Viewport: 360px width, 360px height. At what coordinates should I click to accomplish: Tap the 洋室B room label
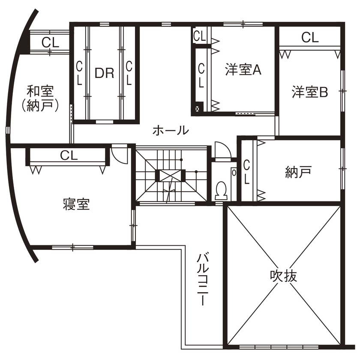tap(310, 92)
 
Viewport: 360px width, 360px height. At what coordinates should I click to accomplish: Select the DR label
tap(104, 73)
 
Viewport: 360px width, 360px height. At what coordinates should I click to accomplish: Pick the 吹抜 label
tap(283, 276)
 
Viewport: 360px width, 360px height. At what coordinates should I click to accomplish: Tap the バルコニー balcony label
tap(203, 279)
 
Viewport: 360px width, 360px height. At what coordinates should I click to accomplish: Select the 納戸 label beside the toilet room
tap(298, 172)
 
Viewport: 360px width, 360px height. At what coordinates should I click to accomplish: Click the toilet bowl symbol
tap(221, 190)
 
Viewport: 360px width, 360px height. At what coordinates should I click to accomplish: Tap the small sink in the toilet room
tap(234, 172)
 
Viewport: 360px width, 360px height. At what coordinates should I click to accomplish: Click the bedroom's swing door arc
tap(120, 155)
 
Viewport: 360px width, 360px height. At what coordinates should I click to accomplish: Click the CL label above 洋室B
tap(310, 37)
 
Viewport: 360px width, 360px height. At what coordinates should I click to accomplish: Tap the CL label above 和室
tap(50, 42)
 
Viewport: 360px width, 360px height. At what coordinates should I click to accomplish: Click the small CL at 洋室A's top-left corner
tap(199, 36)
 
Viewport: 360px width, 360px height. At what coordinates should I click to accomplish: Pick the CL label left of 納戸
tap(247, 172)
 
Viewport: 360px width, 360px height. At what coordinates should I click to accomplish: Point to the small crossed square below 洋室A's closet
tap(198, 109)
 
